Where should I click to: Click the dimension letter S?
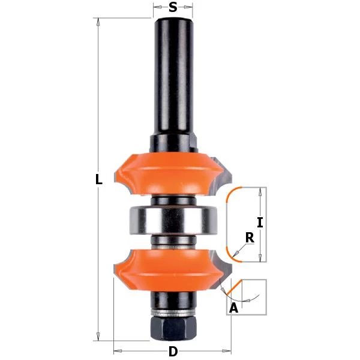(x=173, y=8)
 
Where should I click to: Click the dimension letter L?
(x=99, y=179)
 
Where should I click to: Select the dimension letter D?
(x=173, y=352)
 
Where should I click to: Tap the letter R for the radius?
(x=250, y=238)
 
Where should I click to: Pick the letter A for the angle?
(x=234, y=309)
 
